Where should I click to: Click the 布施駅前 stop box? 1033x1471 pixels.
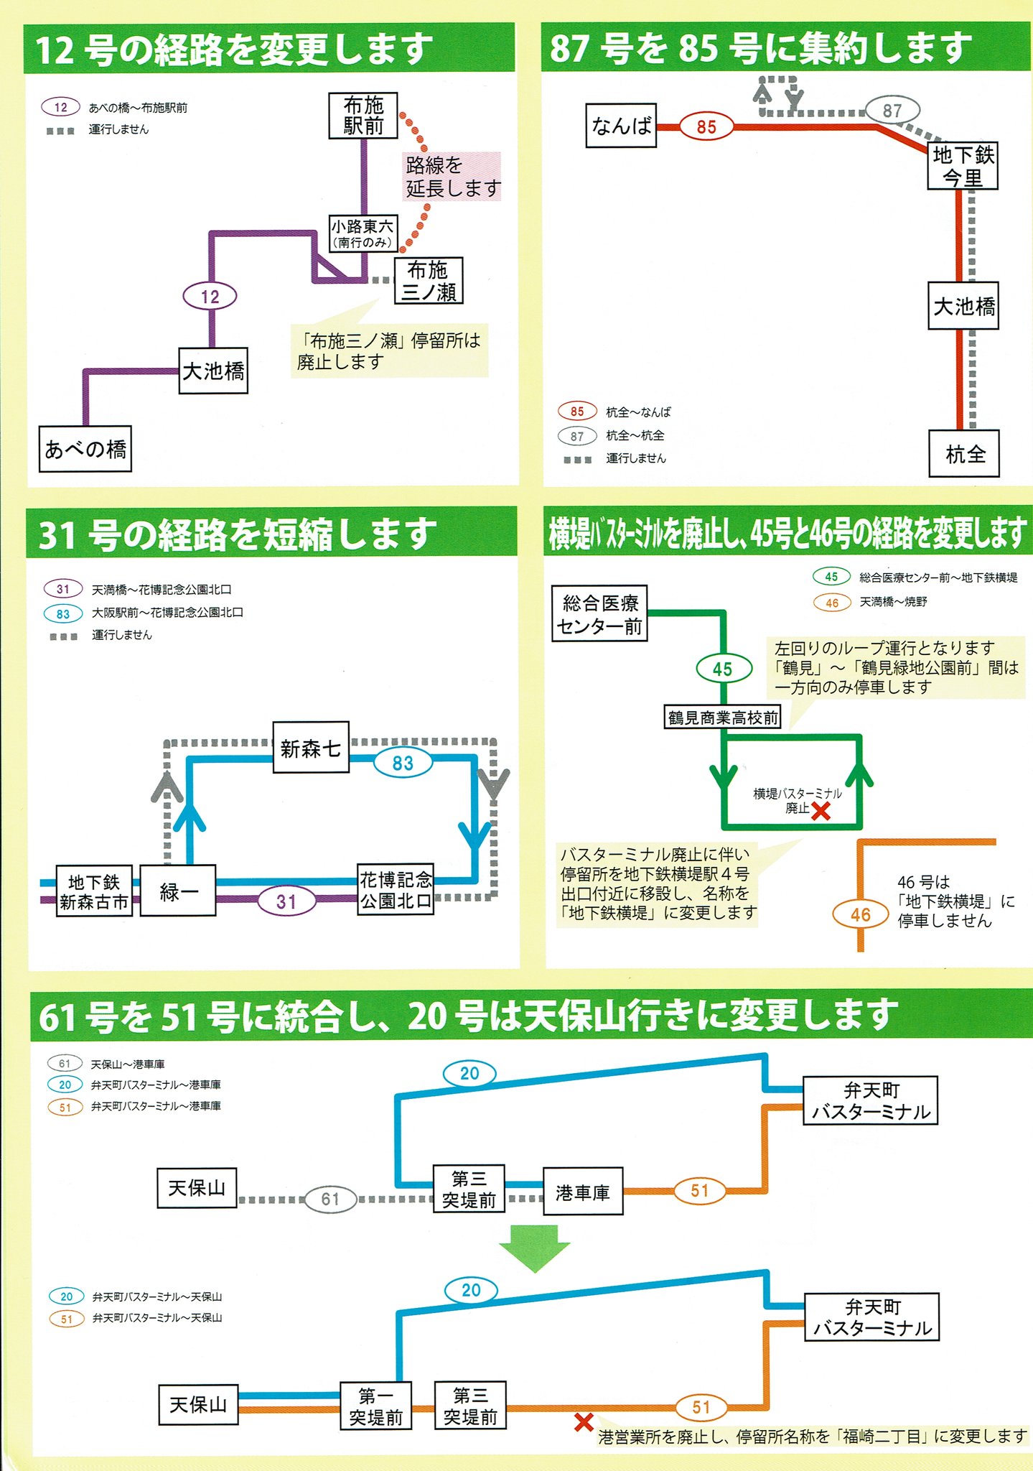[x=363, y=115]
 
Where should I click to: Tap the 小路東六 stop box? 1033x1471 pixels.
[x=362, y=233]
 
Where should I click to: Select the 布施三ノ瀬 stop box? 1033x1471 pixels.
[x=428, y=281]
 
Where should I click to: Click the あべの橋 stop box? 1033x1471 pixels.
[x=85, y=449]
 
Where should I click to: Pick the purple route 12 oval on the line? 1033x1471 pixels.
[x=210, y=296]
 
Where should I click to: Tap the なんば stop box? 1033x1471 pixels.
[x=621, y=126]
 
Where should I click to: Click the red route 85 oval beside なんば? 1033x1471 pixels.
[x=706, y=127]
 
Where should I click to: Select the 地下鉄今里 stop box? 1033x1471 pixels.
[x=963, y=166]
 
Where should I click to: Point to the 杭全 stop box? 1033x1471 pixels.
[x=964, y=454]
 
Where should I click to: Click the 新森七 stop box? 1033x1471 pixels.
[x=311, y=748]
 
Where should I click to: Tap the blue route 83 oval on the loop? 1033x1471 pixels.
[x=403, y=763]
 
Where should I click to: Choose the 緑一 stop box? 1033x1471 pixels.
[x=178, y=891]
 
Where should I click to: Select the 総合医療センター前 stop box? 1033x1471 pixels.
[x=600, y=614]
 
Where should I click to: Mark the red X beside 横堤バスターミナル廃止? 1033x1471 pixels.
[x=821, y=811]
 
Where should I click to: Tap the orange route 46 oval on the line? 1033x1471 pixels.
[x=860, y=915]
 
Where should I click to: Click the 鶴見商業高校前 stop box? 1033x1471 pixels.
[x=723, y=717]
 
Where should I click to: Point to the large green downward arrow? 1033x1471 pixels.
[x=535, y=1248]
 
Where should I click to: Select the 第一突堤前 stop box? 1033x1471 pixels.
[x=375, y=1406]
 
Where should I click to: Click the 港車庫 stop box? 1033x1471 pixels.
[x=582, y=1192]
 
